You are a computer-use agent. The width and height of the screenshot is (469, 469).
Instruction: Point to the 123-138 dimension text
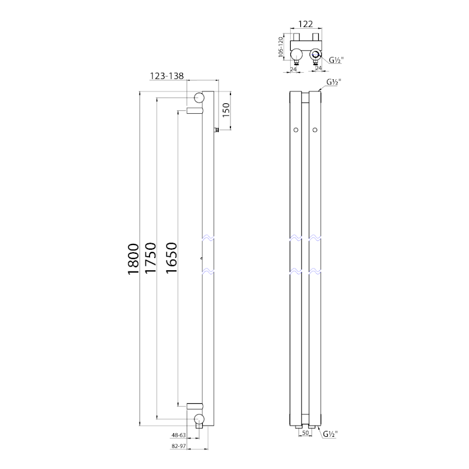[x=167, y=76]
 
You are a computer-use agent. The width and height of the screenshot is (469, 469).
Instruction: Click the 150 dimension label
[x=226, y=109]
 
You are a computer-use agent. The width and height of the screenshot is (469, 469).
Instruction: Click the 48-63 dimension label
[x=179, y=436]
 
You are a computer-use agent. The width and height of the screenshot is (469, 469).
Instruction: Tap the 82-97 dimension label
[x=179, y=446]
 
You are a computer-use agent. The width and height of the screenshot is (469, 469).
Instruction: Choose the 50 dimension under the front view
[x=305, y=433]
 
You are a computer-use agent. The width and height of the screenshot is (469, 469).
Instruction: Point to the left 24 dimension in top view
[x=294, y=68]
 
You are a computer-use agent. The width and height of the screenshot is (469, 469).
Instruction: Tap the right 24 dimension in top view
[x=318, y=68]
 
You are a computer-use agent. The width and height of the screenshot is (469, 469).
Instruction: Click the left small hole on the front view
[x=296, y=129]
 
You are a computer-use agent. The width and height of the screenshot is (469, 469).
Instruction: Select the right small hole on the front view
[x=315, y=129]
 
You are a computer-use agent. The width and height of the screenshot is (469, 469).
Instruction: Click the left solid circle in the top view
[x=297, y=55]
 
